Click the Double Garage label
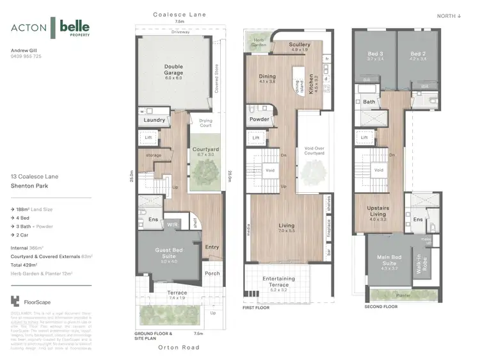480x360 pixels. click(173, 69)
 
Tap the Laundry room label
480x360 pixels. click(155, 120)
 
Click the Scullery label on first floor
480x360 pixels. click(300, 45)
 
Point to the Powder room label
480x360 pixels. click(259, 119)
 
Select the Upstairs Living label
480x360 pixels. click(378, 211)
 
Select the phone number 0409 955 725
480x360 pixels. click(26, 56)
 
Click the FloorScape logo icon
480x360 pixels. click(16, 300)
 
